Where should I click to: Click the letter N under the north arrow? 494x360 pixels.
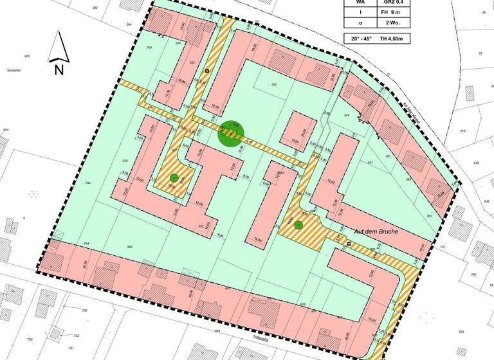point(59,70)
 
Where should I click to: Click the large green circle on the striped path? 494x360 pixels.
point(232,134)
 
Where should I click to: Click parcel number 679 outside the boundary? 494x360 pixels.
point(460,332)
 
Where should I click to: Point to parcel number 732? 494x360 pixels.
point(76,336)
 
